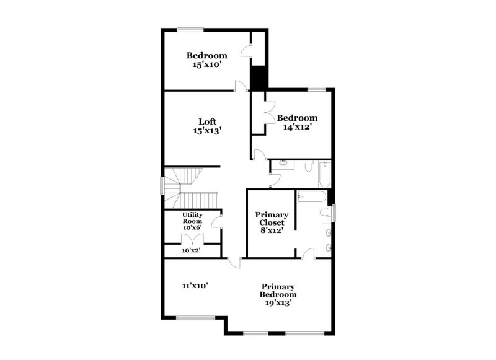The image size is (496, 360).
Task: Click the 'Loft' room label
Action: click(207, 121)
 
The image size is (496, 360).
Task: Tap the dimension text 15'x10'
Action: click(207, 64)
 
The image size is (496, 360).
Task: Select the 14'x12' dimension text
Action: click(297, 127)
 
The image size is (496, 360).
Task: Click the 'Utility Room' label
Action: click(192, 217)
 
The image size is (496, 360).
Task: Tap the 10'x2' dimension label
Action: click(191, 251)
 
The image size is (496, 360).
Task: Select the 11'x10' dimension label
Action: click(195, 286)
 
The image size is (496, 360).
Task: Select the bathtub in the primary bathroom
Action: click(311, 196)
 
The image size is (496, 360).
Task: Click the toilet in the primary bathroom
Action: click(325, 213)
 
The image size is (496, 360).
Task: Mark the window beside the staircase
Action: click(163, 185)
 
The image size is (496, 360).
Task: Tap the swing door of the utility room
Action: click(217, 222)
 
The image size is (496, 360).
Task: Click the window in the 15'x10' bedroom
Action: click(191, 29)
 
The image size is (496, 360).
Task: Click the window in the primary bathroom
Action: click(334, 212)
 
